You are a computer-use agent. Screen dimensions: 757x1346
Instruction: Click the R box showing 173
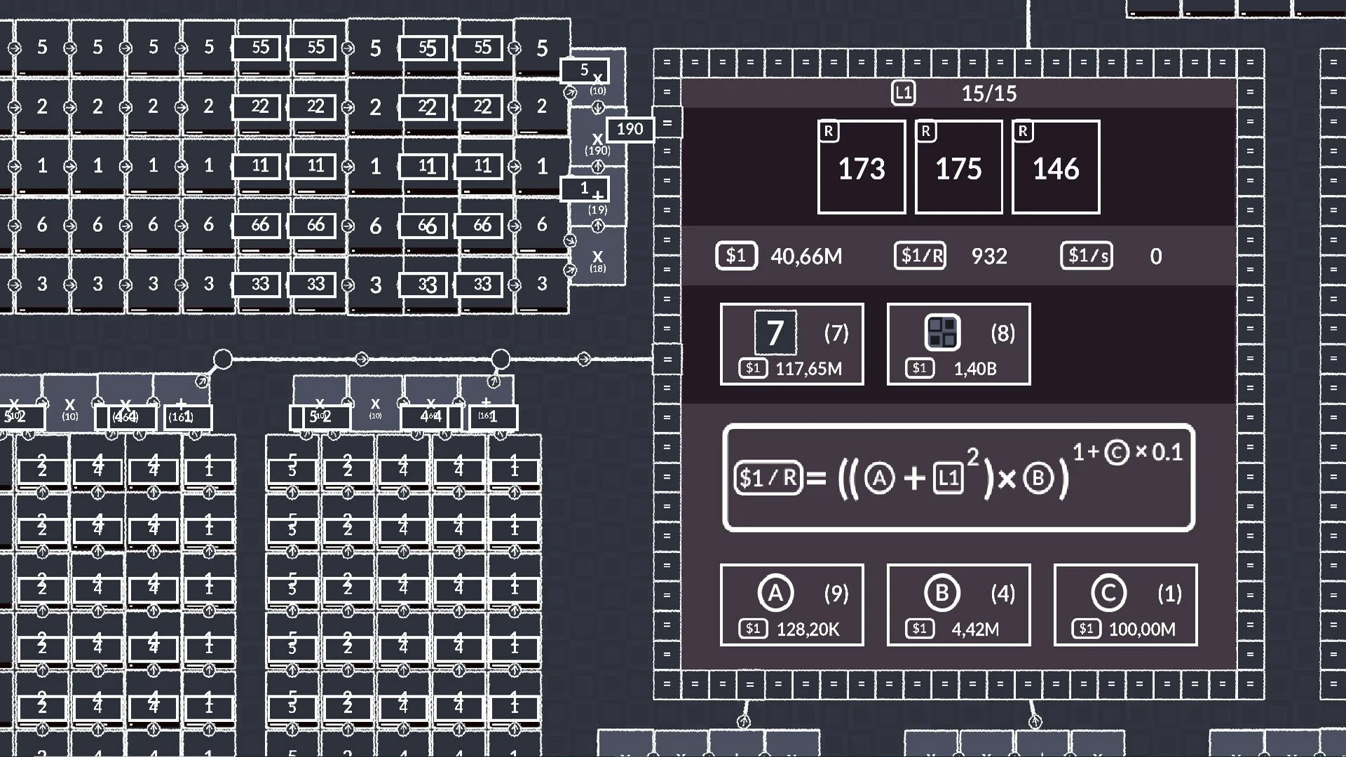click(861, 167)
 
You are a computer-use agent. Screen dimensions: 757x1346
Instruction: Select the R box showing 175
click(958, 167)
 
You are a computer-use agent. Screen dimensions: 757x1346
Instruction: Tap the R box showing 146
click(1056, 167)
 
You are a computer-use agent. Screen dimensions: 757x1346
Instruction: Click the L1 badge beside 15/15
click(903, 93)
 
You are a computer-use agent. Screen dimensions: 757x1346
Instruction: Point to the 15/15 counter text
click(988, 93)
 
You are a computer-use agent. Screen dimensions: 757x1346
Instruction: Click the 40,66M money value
click(806, 257)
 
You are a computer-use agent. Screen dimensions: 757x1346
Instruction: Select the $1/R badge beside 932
click(920, 256)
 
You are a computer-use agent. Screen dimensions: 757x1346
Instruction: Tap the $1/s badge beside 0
click(1087, 256)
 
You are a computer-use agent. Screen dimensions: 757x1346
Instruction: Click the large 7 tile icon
click(775, 332)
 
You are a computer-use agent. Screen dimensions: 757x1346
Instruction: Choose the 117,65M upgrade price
click(808, 369)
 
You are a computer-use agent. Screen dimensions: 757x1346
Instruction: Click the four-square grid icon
click(942, 332)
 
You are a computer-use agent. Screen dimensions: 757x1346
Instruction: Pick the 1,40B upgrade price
click(974, 369)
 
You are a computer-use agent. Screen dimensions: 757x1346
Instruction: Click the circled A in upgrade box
click(775, 593)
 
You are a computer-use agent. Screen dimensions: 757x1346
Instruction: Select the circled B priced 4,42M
click(941, 593)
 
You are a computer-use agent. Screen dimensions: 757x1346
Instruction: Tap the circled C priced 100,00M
click(1108, 593)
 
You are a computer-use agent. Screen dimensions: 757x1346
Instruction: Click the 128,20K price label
click(808, 629)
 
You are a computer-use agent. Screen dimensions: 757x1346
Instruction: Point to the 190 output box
click(630, 129)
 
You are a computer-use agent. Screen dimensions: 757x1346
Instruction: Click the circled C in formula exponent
click(1117, 452)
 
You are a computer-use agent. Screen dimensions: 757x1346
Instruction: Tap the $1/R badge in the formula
click(768, 478)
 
